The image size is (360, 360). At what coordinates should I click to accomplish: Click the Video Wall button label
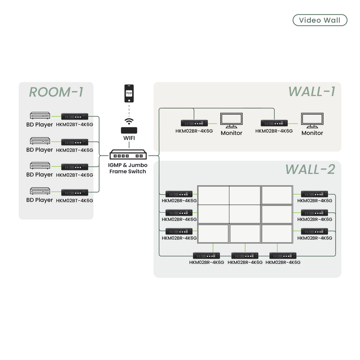click(320, 20)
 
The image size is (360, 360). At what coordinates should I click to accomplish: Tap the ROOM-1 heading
click(56, 92)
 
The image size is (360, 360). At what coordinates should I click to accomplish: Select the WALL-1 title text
click(312, 91)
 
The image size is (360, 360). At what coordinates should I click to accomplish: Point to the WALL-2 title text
click(310, 169)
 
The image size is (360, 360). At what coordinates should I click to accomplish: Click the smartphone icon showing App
click(129, 93)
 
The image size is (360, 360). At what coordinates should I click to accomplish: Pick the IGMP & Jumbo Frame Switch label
click(128, 168)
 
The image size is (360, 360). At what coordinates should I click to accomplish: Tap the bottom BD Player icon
click(39, 191)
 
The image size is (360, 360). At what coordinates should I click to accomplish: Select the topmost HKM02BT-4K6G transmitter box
click(75, 116)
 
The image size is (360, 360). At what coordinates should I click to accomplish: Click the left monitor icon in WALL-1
click(231, 121)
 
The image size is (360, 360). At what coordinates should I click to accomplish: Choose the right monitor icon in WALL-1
click(312, 121)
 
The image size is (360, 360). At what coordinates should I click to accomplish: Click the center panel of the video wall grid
click(245, 214)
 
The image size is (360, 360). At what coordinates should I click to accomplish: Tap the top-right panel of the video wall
click(277, 195)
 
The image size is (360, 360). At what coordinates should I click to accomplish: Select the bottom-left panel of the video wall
click(213, 233)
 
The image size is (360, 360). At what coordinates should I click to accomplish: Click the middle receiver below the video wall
click(245, 256)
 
